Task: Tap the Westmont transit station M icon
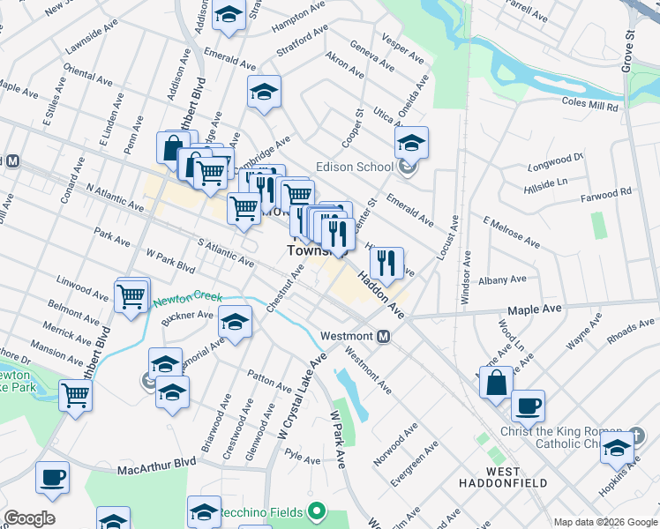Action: [384, 336]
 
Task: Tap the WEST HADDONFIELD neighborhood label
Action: [503, 476]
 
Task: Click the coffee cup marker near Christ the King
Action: [528, 406]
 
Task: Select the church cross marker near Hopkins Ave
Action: [618, 448]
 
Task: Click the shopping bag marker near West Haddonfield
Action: [497, 382]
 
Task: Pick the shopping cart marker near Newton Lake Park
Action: [76, 397]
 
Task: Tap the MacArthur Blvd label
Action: [157, 465]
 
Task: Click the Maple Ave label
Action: [534, 310]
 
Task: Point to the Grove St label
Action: [629, 49]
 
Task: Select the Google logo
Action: [29, 518]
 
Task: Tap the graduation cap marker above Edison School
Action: [411, 142]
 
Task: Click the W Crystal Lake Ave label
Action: [302, 397]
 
